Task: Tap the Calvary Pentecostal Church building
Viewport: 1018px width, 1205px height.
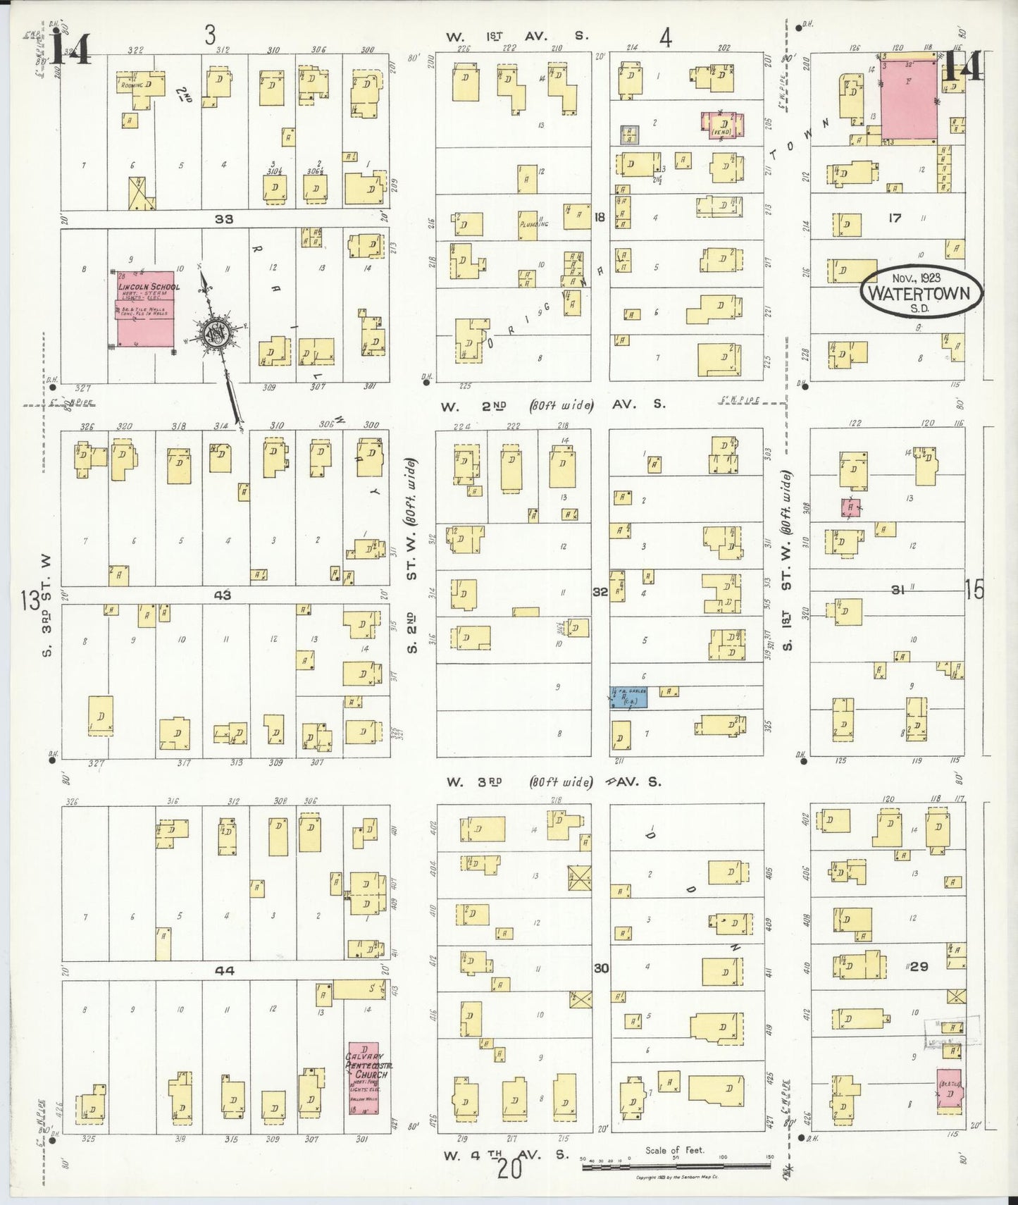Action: pos(364,1078)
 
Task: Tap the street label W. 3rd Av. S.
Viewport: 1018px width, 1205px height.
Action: pos(519,782)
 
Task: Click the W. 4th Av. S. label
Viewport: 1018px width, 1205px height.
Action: pos(505,1156)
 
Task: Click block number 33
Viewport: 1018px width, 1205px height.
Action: pos(224,219)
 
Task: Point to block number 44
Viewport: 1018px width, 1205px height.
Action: pos(224,970)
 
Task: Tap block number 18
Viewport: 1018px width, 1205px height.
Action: pos(600,218)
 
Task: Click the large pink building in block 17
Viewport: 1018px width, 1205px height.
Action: pos(909,99)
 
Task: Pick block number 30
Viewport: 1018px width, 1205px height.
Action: pos(600,968)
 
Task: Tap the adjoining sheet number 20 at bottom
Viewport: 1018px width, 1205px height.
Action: pos(509,1170)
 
